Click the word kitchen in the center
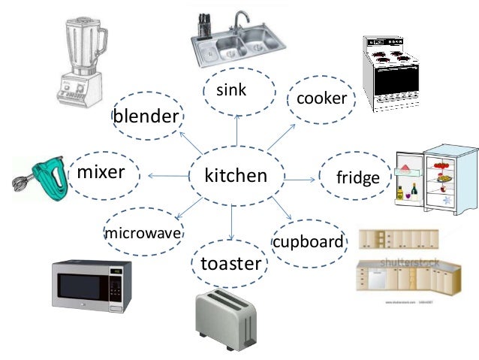236,176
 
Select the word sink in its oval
231,90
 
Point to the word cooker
322,98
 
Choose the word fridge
358,178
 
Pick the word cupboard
308,242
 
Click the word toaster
230,263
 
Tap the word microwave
143,233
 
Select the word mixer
101,172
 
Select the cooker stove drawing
390,73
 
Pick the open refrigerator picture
435,178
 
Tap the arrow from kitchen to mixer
168,176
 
